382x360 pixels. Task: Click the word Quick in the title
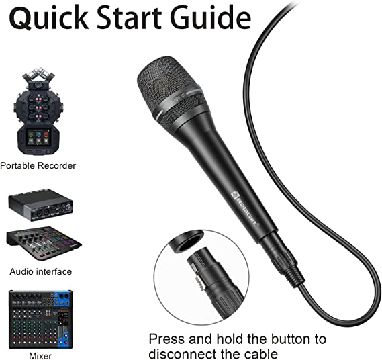pyautogui.click(x=49, y=17)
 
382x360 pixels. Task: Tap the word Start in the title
pyautogui.click(x=130, y=17)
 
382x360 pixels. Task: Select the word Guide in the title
pyautogui.click(x=211, y=17)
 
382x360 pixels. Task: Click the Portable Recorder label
pyautogui.click(x=38, y=165)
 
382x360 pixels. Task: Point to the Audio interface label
pyautogui.click(x=41, y=271)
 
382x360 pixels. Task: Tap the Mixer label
pyautogui.click(x=40, y=355)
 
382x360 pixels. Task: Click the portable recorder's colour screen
pyautogui.click(x=38, y=137)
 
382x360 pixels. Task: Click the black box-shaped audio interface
pyautogui.click(x=41, y=205)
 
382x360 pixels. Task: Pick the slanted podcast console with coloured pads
pyautogui.click(x=44, y=242)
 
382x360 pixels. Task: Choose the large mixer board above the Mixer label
pyautogui.click(x=41, y=319)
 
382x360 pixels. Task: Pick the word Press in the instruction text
pyautogui.click(x=167, y=339)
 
